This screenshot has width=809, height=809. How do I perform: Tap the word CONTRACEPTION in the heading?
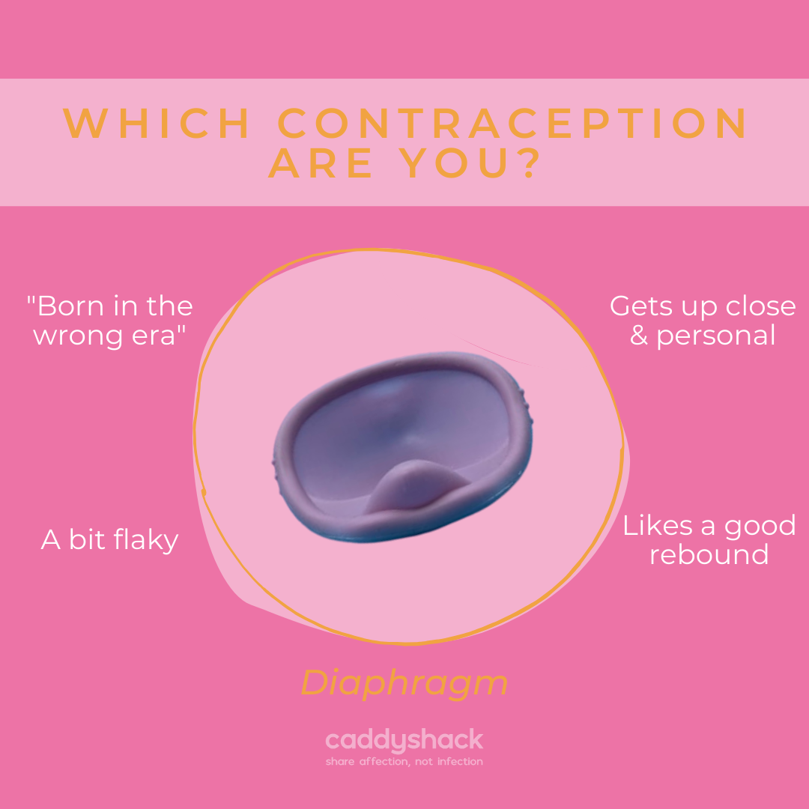click(514, 124)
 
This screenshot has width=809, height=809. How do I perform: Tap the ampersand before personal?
click(639, 335)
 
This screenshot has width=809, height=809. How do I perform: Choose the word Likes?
click(657, 525)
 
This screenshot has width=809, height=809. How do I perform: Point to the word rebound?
click(709, 554)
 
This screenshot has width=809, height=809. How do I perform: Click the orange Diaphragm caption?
click(404, 683)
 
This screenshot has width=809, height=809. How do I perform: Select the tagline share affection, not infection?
click(404, 762)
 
